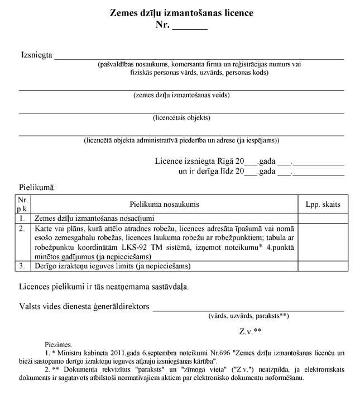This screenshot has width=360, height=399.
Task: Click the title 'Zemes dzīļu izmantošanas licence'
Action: (x=181, y=13)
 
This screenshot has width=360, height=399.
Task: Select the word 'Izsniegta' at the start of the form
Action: (x=36, y=55)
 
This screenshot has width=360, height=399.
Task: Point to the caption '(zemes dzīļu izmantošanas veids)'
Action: (x=181, y=95)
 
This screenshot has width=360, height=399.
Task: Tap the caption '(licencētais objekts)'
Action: (x=181, y=118)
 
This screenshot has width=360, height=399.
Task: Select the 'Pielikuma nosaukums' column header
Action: (x=165, y=205)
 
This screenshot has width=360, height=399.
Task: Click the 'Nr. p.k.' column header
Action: (x=23, y=204)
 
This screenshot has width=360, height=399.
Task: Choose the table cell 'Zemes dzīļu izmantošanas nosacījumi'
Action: (x=94, y=218)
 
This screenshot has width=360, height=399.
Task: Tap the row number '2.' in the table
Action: (x=22, y=229)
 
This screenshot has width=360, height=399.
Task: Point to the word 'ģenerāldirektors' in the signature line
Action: (x=123, y=306)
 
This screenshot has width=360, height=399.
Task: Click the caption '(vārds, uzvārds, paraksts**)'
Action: (x=248, y=316)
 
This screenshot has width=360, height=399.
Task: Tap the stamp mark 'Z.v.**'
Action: (x=251, y=331)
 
